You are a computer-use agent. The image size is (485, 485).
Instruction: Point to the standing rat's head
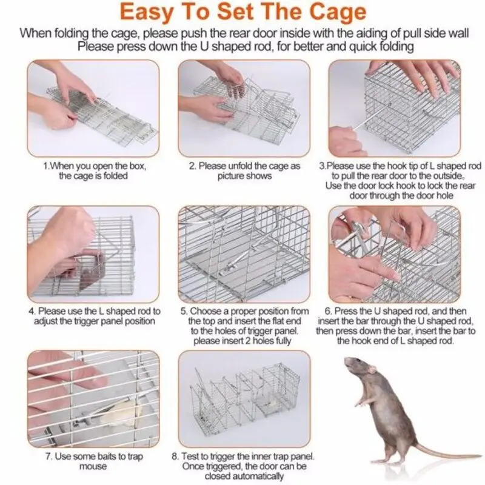click(x=359, y=367)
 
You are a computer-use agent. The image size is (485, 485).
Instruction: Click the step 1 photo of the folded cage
click(x=93, y=109)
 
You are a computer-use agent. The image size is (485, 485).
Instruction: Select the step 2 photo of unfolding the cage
click(x=244, y=109)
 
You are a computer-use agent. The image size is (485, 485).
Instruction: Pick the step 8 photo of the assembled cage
click(x=244, y=398)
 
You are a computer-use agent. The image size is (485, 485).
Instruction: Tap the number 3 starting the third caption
click(x=322, y=166)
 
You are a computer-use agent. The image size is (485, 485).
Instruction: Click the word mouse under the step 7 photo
click(x=93, y=466)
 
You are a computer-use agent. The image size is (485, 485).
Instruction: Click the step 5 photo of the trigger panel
click(x=244, y=254)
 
